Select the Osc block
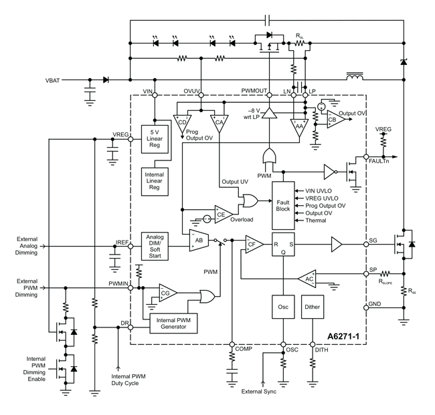(x=282, y=307)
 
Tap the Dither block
(x=313, y=307)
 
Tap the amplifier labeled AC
(x=309, y=279)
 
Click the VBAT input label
(x=53, y=80)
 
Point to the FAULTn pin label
(x=382, y=159)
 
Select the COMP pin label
(x=242, y=349)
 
